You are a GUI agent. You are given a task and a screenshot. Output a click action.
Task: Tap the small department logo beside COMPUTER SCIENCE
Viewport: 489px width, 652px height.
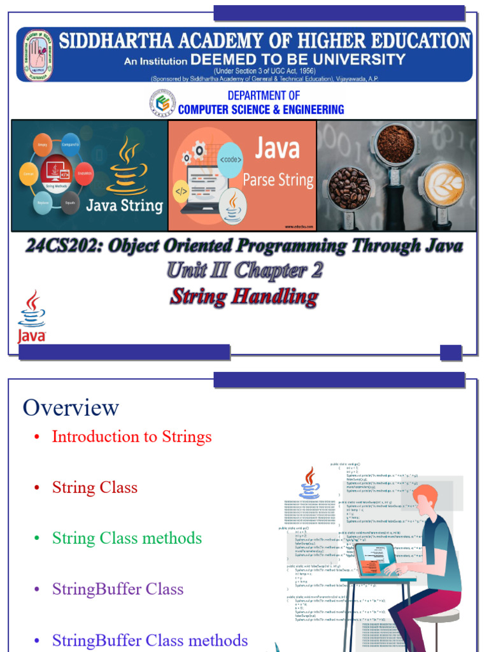162,103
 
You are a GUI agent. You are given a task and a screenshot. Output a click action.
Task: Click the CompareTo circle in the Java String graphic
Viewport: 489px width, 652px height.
71,145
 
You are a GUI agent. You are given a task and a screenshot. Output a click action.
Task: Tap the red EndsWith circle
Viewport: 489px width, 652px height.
84,173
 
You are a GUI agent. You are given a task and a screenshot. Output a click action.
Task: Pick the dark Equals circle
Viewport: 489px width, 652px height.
70,202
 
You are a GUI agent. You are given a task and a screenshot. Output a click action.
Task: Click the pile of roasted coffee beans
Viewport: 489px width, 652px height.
349,188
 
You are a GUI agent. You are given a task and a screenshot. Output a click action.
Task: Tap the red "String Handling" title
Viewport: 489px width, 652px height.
244,296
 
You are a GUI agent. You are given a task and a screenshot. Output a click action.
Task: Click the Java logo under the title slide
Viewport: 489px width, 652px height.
31,316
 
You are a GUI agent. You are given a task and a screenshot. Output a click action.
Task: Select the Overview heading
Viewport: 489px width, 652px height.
71,407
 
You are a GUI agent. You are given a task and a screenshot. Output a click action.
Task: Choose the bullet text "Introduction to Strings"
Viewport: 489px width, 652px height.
131,437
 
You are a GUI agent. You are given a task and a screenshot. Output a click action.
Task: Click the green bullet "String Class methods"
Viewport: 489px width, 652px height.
127,538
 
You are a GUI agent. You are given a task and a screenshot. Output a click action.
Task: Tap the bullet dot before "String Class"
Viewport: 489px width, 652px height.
37,488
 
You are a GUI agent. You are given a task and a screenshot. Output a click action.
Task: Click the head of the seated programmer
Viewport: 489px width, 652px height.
424,500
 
